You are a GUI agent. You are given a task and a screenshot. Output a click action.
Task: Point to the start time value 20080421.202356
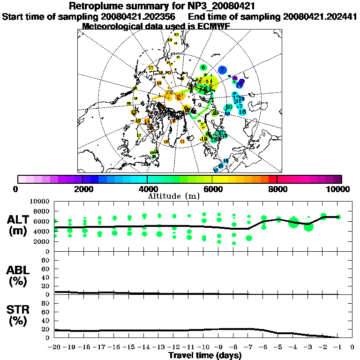click(x=137, y=16)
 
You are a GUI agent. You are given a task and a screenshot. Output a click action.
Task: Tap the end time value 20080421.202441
click(x=321, y=16)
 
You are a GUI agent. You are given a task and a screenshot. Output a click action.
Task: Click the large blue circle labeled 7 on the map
click(x=222, y=69)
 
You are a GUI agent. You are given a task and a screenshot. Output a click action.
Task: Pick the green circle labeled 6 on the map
click(x=203, y=67)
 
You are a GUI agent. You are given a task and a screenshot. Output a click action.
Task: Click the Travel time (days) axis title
click(x=205, y=355)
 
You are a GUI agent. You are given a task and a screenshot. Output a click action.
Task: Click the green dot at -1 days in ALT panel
click(x=338, y=217)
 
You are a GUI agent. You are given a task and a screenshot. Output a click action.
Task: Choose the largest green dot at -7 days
click(x=249, y=238)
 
